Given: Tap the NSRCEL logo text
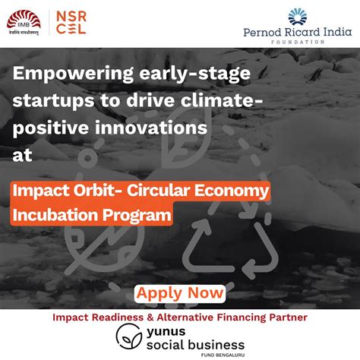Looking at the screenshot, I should [71, 23].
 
